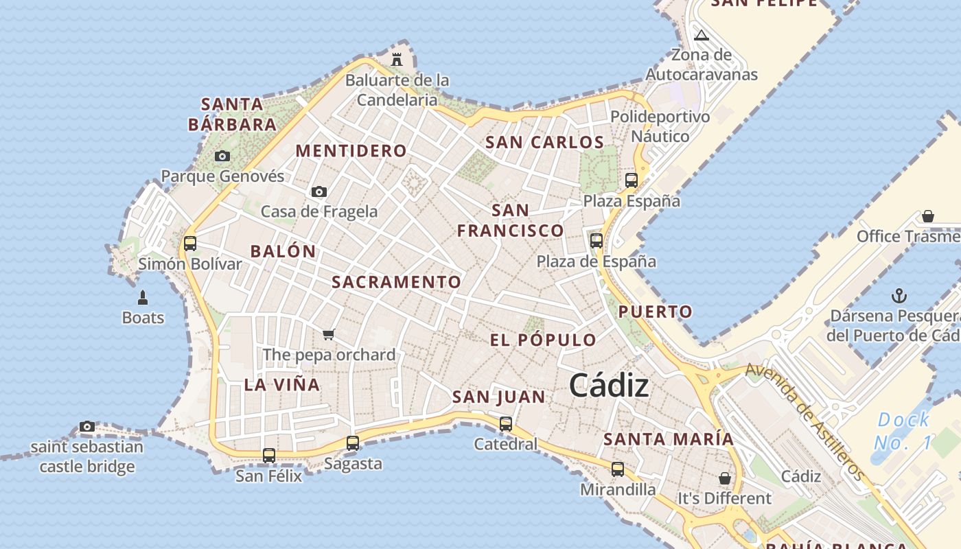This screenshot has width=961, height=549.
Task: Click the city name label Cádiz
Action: [x=609, y=386]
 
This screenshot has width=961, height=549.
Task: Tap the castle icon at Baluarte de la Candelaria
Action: [x=397, y=60]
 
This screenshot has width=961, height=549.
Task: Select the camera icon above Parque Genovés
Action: [x=222, y=156]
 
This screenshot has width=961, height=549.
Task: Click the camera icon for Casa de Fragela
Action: [x=319, y=191]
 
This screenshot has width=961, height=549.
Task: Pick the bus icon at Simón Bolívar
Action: [x=190, y=243]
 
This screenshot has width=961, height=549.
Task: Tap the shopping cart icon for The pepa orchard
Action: [x=329, y=334]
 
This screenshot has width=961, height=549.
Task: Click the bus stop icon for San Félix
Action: [x=269, y=455]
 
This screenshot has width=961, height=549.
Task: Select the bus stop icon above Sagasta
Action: [x=353, y=443]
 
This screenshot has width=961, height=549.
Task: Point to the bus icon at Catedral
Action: [x=506, y=424]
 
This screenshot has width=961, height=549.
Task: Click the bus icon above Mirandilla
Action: [x=618, y=469]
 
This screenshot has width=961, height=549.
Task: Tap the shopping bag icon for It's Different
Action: [x=725, y=478]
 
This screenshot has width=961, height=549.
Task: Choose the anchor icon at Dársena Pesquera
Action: [x=899, y=296]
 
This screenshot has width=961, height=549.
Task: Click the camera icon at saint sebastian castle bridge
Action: [x=86, y=426]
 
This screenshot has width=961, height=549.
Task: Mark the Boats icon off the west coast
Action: [x=143, y=297]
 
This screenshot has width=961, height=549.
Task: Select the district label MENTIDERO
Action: [x=351, y=151]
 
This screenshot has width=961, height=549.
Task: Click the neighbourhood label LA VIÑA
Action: [x=282, y=384]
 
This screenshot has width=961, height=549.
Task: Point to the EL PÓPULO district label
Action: [x=543, y=340]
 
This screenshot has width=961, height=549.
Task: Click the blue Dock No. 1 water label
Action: [x=904, y=430]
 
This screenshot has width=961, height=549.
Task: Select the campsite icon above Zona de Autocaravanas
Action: [x=701, y=35]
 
